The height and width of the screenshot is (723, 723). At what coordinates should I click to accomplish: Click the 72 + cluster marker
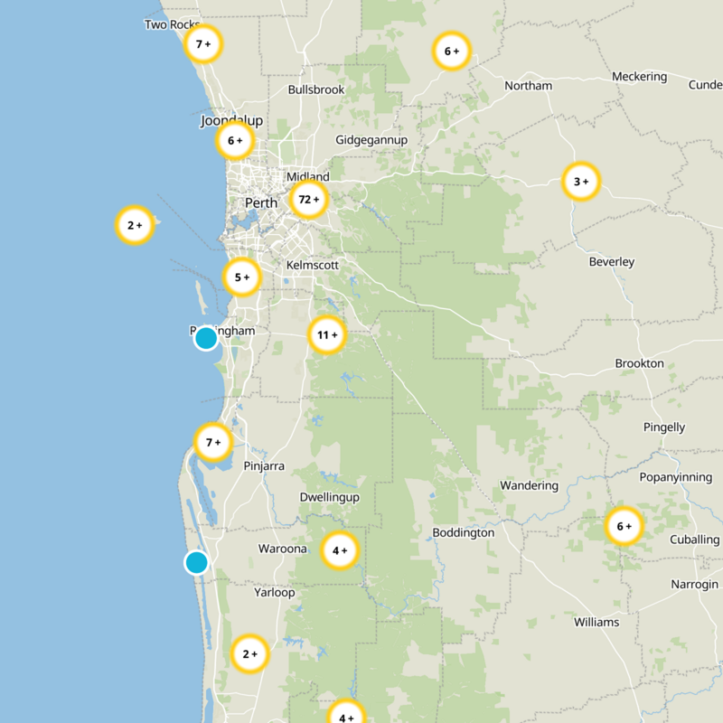point(309,200)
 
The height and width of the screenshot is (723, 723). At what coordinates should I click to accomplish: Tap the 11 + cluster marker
point(327,335)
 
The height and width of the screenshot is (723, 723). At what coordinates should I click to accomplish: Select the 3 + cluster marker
point(580,182)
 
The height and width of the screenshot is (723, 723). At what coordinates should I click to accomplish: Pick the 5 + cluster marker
point(241,277)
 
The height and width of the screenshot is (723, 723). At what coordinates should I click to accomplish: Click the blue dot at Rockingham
point(206,338)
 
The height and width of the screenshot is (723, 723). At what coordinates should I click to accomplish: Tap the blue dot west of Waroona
point(196,562)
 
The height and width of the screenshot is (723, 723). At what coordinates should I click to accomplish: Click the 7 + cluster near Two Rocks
point(203,43)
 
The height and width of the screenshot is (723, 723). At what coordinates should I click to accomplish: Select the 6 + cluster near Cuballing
point(624,526)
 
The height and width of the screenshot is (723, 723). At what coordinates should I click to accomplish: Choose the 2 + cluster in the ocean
point(135,225)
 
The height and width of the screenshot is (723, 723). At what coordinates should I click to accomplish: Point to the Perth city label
point(261,203)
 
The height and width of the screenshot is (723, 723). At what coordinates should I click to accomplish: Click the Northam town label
point(528,86)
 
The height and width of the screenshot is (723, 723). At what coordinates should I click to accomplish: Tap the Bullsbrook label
point(316,90)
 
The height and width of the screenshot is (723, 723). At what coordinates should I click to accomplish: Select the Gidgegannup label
point(371,140)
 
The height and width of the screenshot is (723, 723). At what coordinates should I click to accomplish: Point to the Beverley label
point(612,262)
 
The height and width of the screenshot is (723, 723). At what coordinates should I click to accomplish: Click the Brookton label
point(639,363)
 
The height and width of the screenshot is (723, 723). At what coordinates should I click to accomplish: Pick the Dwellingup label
point(329,498)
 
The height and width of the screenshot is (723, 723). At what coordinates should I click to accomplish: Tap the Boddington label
point(463,532)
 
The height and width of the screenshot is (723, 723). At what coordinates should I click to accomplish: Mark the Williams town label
point(596,622)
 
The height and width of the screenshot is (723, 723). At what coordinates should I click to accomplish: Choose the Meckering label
point(639,77)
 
